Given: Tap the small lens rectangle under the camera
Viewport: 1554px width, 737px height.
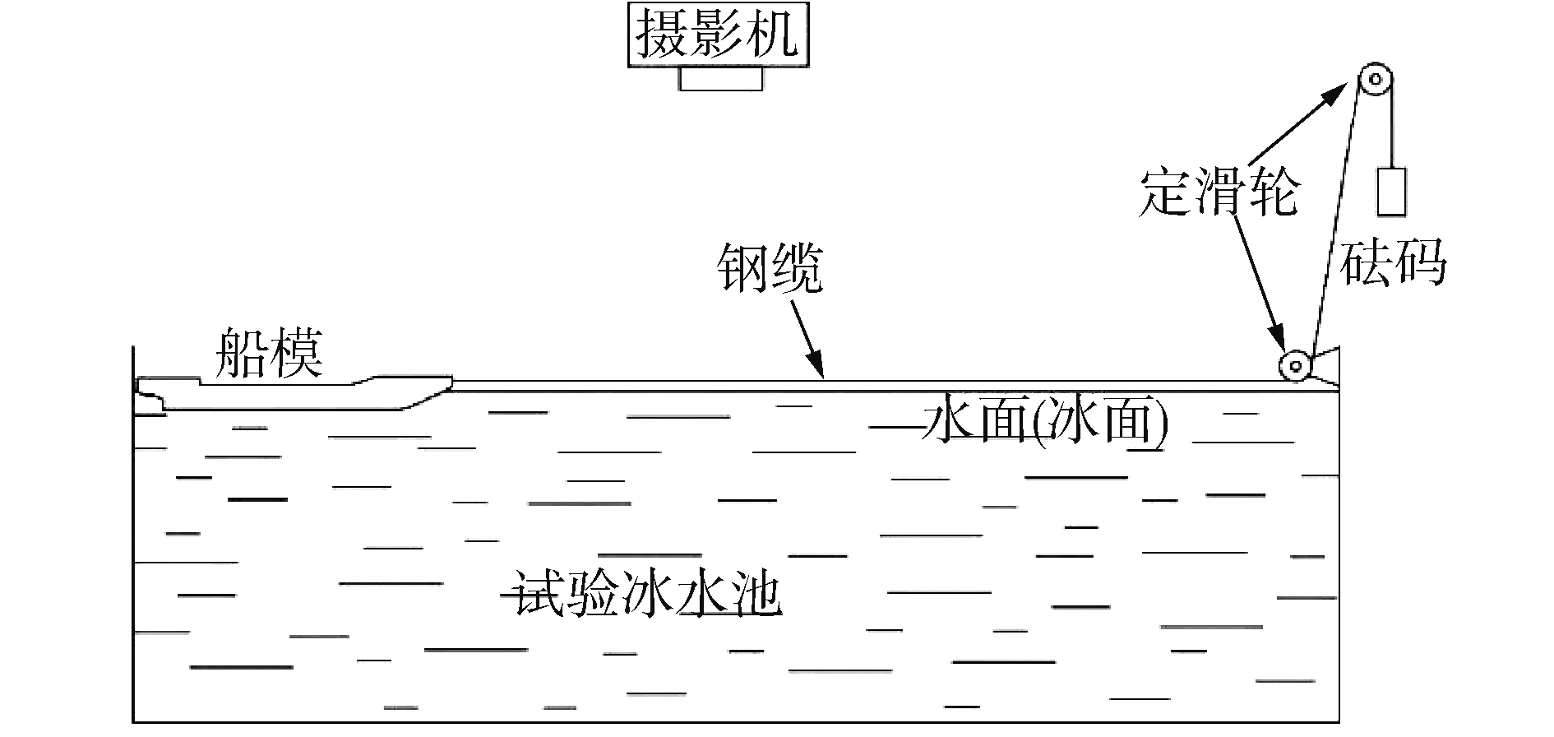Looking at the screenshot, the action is click(x=721, y=78).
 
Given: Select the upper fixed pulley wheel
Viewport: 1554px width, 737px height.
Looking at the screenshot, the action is click(x=1374, y=81).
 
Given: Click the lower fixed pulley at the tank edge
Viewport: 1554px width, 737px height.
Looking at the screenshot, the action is click(x=1294, y=364).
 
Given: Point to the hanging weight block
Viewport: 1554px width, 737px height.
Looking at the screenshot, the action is click(x=1391, y=191).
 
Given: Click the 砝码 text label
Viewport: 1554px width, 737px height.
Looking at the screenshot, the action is click(x=1393, y=263).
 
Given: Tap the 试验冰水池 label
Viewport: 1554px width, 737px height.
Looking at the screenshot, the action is click(x=646, y=591).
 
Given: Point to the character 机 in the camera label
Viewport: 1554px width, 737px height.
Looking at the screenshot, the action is click(x=774, y=34).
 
